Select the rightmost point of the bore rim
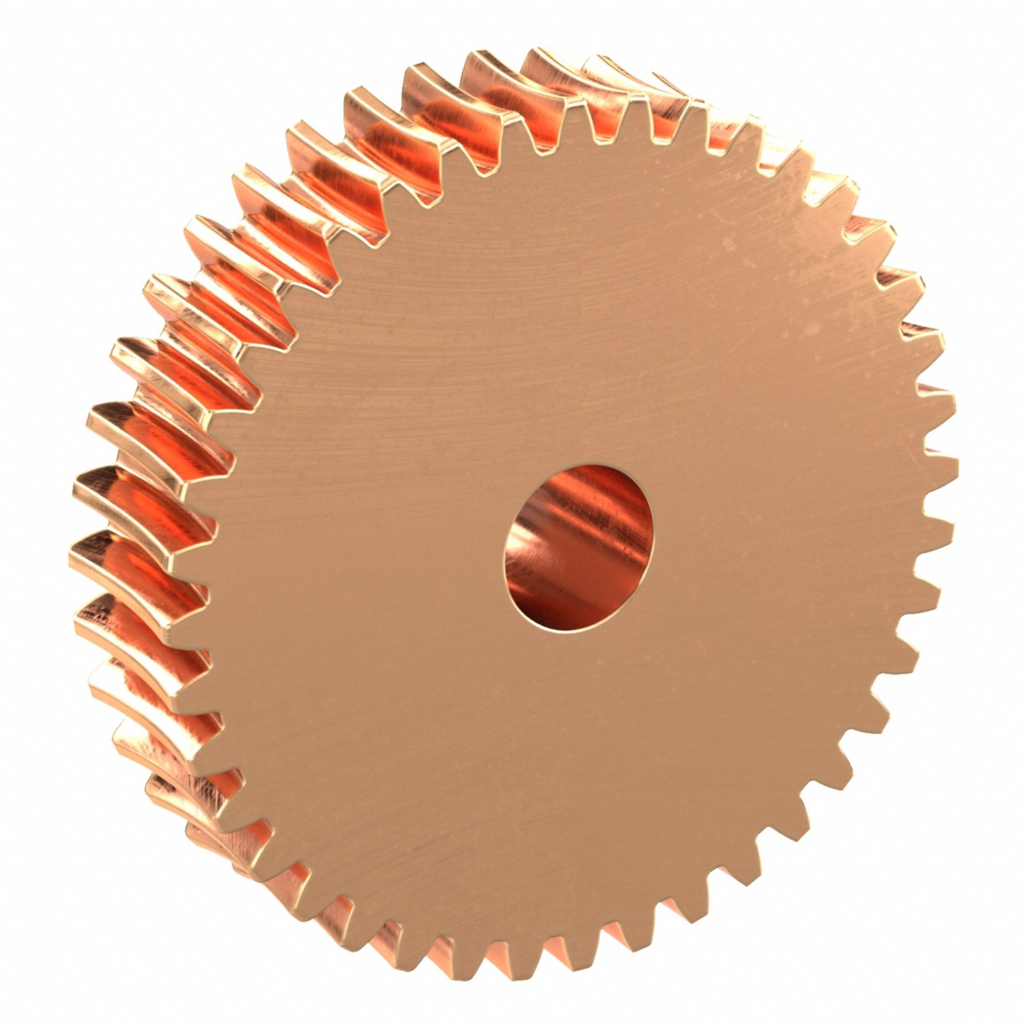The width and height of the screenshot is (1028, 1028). tap(653, 527)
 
